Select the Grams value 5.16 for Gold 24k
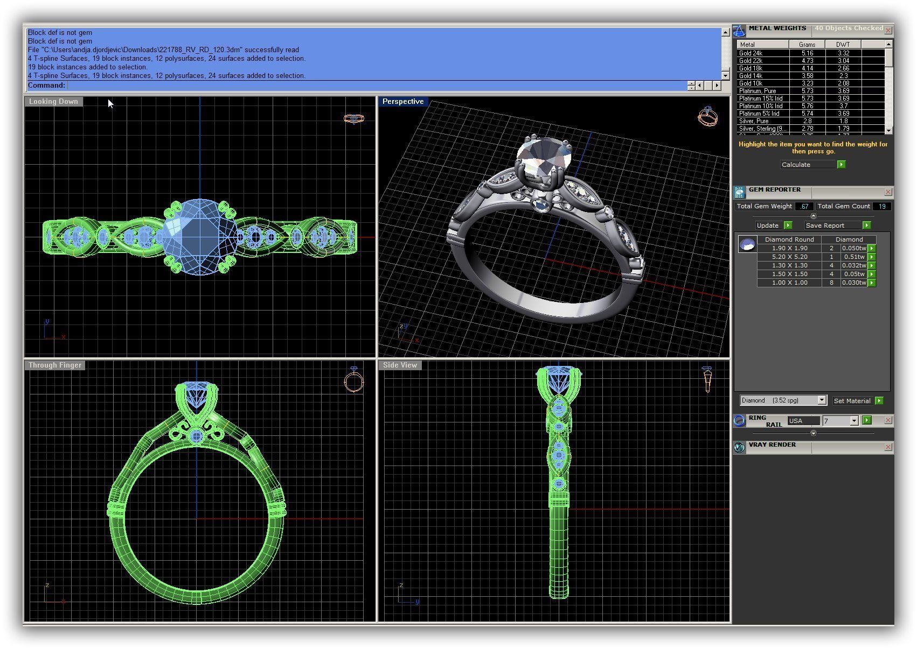pyautogui.click(x=807, y=53)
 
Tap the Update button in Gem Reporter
pyautogui.click(x=768, y=225)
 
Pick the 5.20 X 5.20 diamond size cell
pyautogui.click(x=789, y=257)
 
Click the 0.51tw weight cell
pyautogui.click(x=854, y=257)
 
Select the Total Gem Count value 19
pyautogui.click(x=882, y=206)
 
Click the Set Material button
pyautogui.click(x=852, y=401)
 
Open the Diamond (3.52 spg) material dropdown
pyautogui.click(x=822, y=400)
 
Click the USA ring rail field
pyautogui.click(x=803, y=421)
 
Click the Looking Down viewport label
pyautogui.click(x=53, y=101)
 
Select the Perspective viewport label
pyautogui.click(x=402, y=101)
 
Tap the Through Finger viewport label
pyautogui.click(x=55, y=365)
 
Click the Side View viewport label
pyautogui.click(x=400, y=365)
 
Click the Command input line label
pyautogui.click(x=46, y=85)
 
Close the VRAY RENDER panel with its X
pyautogui.click(x=888, y=447)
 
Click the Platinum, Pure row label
pyautogui.click(x=757, y=91)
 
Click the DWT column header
pyautogui.click(x=843, y=45)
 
